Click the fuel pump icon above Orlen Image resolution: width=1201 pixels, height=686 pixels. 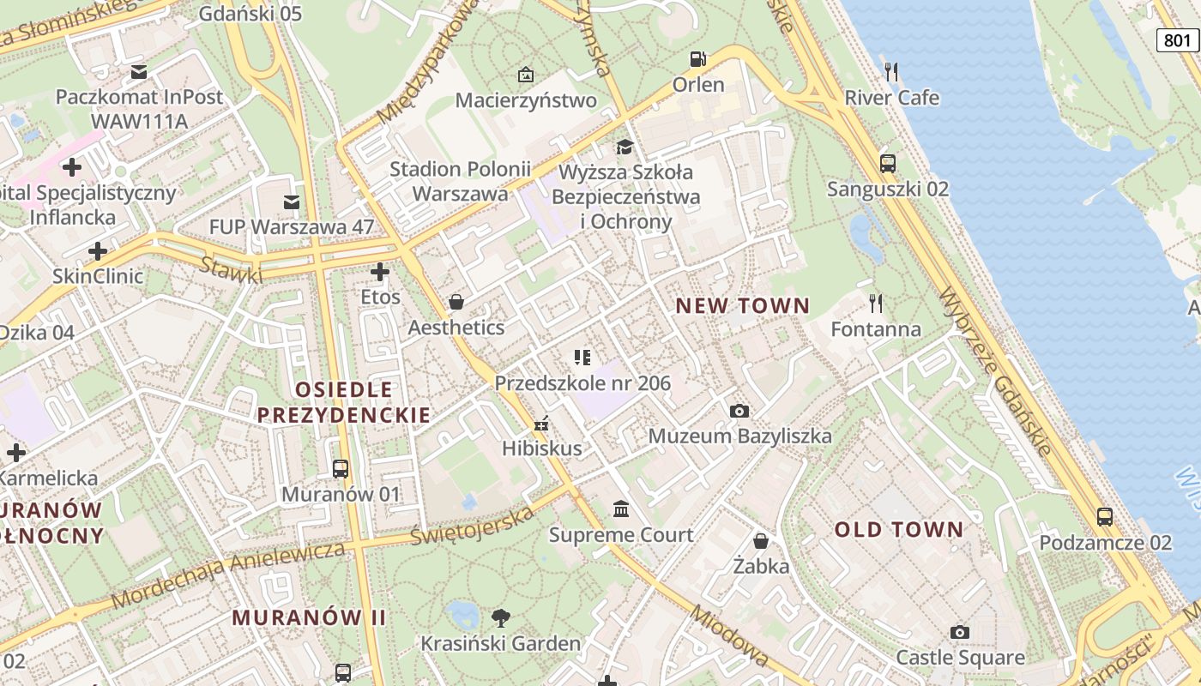(698, 59)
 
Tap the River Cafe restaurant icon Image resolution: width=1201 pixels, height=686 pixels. (891, 71)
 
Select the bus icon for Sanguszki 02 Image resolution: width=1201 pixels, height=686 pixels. (888, 163)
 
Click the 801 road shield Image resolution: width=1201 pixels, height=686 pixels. (1178, 39)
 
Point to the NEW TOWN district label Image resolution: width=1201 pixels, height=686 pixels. (743, 305)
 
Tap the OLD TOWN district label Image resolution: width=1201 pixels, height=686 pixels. (899, 529)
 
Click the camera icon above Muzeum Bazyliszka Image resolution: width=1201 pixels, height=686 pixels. (739, 412)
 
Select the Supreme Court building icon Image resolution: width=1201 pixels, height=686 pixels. (621, 509)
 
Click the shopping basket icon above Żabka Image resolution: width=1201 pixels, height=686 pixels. (760, 540)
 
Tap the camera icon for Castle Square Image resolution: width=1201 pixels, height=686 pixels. (960, 633)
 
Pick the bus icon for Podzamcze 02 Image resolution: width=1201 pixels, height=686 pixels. (1105, 517)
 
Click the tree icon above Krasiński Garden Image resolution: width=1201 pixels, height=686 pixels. (500, 617)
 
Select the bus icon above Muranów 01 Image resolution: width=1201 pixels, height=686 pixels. (341, 468)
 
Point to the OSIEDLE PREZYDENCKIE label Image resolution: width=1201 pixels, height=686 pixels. (344, 402)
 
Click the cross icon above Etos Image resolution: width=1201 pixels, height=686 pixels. (380, 273)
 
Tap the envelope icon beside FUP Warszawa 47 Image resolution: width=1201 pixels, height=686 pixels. (292, 202)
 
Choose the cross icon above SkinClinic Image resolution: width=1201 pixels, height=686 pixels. (98, 251)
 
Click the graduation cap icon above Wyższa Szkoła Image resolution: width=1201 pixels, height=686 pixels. (625, 147)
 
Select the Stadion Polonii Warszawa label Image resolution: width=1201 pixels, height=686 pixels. (461, 181)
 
